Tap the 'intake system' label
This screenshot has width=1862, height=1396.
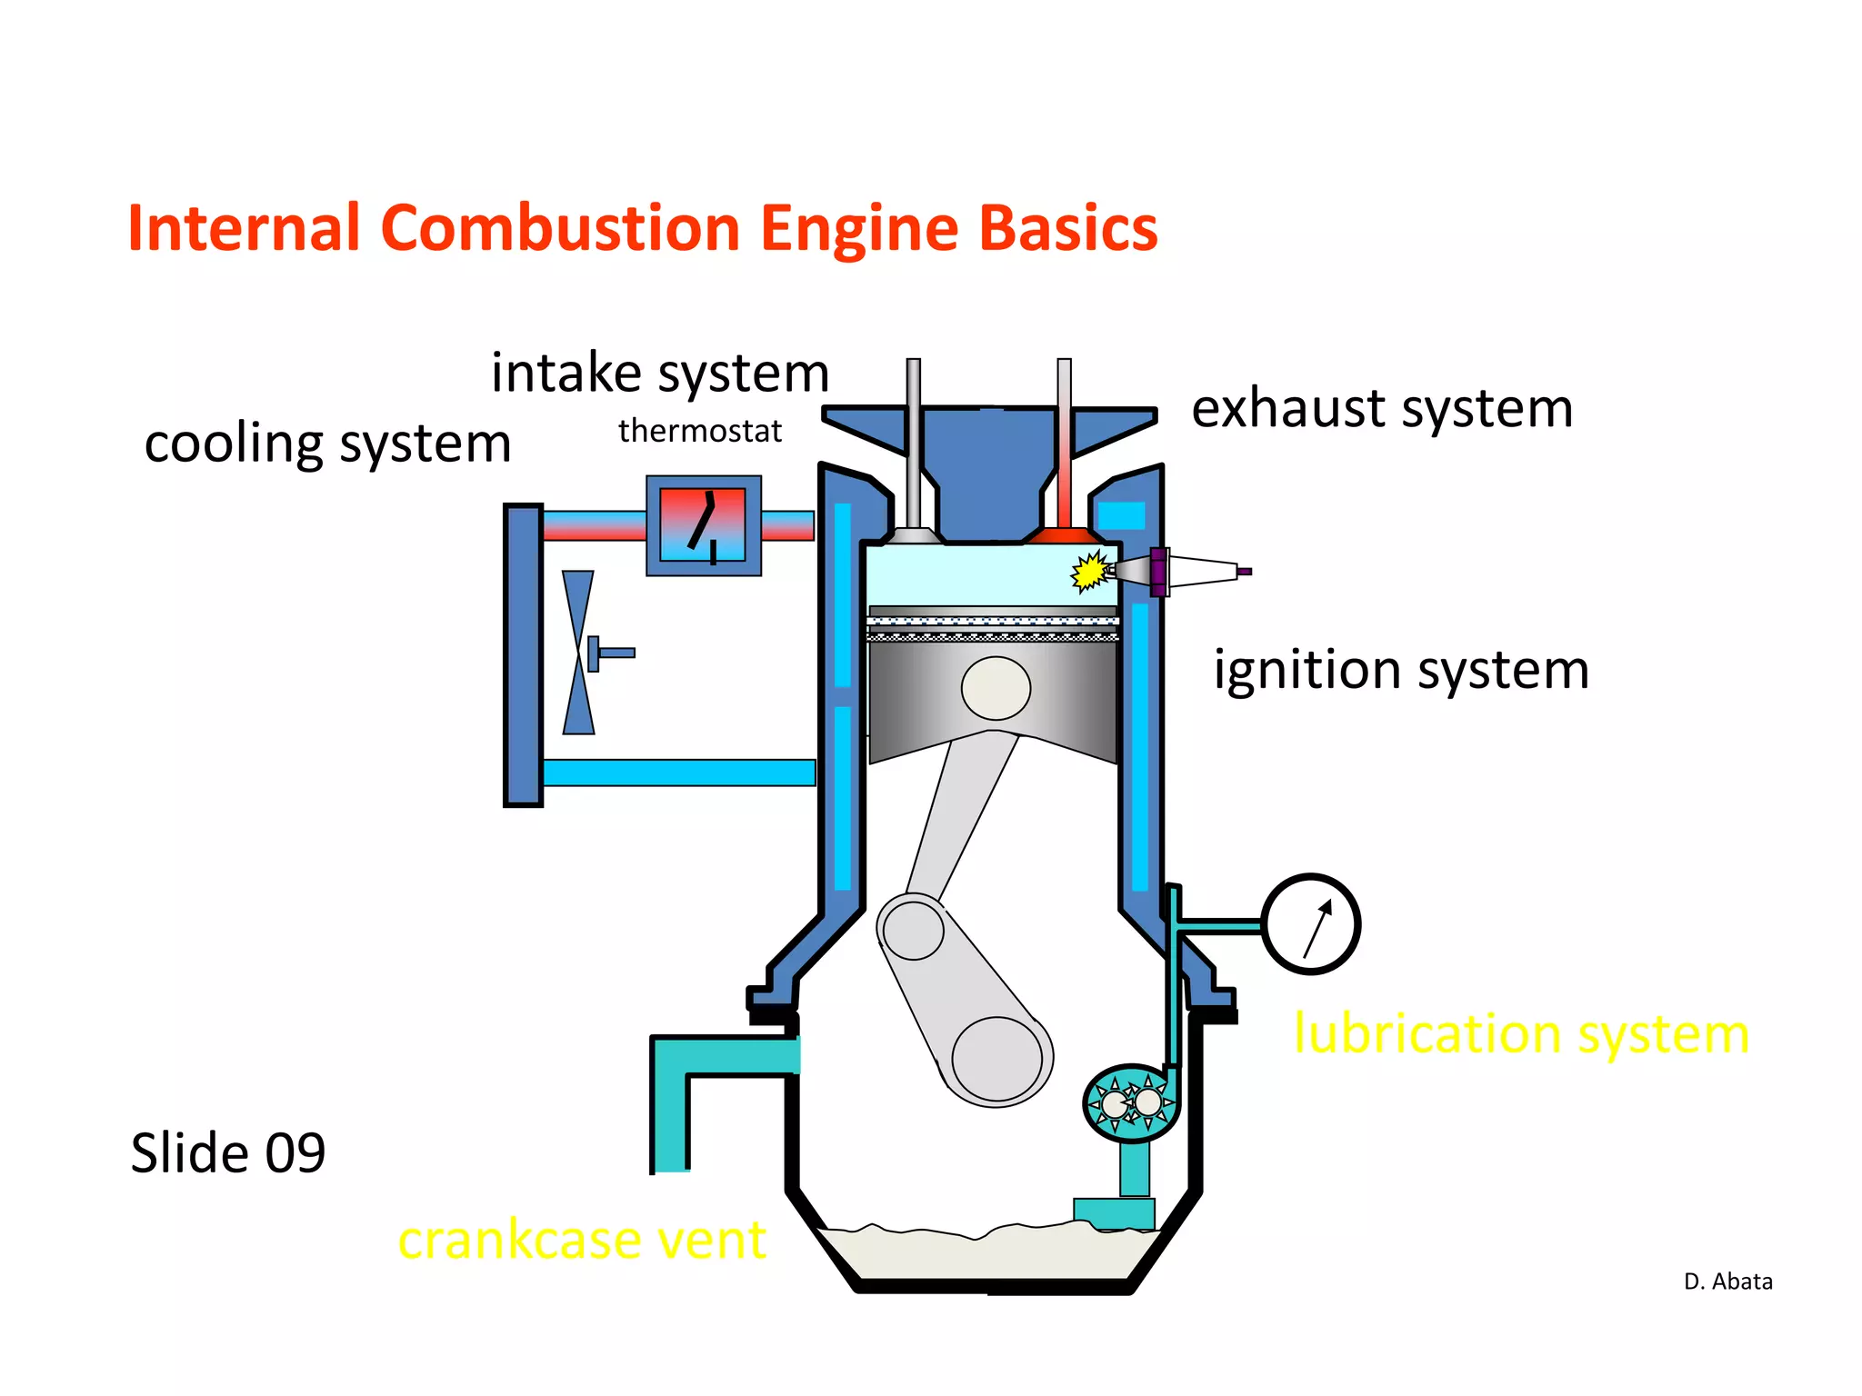coord(660,373)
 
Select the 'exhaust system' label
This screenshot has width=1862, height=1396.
coord(1381,408)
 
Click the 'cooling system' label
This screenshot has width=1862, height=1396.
coord(327,444)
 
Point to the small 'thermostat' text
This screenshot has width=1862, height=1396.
coord(699,431)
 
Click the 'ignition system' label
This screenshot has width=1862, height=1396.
coord(1400,670)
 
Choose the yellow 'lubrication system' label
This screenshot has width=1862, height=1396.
coord(1520,1033)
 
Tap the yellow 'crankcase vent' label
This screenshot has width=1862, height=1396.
coord(582,1239)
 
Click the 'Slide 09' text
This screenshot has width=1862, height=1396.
coord(227,1152)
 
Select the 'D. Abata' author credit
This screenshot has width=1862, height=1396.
coord(1727,1281)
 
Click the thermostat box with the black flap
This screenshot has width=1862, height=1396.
coord(703,525)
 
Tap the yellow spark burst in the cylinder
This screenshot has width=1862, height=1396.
coord(1087,572)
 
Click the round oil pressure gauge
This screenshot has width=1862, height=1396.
coord(1310,924)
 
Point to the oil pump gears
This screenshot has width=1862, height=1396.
coord(1131,1102)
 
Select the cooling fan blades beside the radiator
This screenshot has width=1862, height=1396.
coord(578,653)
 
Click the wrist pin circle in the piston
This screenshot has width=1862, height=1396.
coord(996,688)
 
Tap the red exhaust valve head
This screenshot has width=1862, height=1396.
coord(1063,535)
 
